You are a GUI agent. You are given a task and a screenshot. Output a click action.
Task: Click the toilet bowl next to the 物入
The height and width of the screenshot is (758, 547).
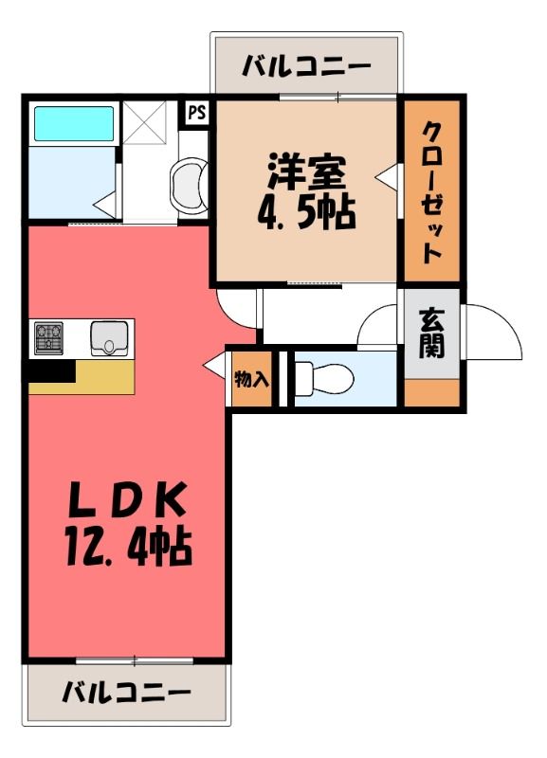(x=324, y=377)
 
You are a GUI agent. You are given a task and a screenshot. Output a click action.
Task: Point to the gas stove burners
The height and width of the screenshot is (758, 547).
(x=48, y=336)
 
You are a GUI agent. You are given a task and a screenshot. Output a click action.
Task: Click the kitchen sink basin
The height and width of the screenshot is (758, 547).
(x=109, y=338)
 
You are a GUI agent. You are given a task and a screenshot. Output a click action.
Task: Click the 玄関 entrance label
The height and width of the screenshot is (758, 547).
(x=431, y=334)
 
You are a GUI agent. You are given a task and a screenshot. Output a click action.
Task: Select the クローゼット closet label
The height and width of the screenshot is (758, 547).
(x=432, y=192)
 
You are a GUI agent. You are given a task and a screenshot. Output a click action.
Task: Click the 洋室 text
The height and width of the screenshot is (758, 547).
(x=308, y=172)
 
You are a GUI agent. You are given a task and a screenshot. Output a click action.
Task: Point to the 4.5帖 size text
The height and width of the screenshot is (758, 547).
(x=306, y=212)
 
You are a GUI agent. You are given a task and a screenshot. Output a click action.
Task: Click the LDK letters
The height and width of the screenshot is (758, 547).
(x=128, y=499)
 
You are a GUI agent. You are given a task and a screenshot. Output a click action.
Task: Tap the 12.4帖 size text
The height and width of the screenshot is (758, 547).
(x=129, y=548)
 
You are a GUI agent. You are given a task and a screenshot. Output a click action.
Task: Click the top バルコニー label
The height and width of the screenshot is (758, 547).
(x=306, y=65)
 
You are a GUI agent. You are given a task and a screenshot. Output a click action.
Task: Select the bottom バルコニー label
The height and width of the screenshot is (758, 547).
(x=126, y=692)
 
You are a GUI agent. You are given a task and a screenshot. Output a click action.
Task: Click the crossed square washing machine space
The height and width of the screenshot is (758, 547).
(x=144, y=122)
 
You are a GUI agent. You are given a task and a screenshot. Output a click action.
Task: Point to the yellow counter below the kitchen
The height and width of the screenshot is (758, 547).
(x=82, y=377)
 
